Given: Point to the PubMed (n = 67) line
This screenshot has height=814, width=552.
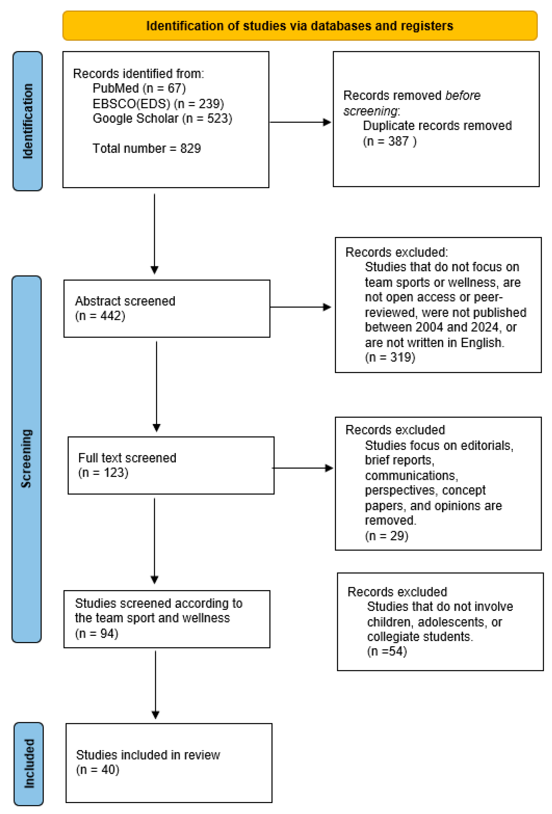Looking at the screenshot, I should (x=139, y=88).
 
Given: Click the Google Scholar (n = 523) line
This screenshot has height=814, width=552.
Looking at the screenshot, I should (x=162, y=118).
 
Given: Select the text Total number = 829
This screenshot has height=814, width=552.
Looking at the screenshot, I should (x=147, y=148).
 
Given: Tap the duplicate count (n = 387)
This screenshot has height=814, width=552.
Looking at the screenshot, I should (x=389, y=141).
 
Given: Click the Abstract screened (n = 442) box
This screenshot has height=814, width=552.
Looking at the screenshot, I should (x=167, y=309).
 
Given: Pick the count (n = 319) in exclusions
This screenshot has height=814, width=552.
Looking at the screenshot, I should (x=390, y=357).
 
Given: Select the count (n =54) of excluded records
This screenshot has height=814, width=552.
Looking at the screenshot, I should (x=387, y=651).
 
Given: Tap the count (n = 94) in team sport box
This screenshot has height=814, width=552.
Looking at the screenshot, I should (x=96, y=633).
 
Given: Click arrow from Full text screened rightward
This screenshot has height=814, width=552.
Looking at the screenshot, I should (x=302, y=468).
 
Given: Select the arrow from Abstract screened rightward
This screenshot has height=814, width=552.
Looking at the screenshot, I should (x=301, y=307).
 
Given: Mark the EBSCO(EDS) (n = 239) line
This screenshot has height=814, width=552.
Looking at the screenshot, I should (x=158, y=104).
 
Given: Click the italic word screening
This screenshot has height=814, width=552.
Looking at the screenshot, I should (x=370, y=111).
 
